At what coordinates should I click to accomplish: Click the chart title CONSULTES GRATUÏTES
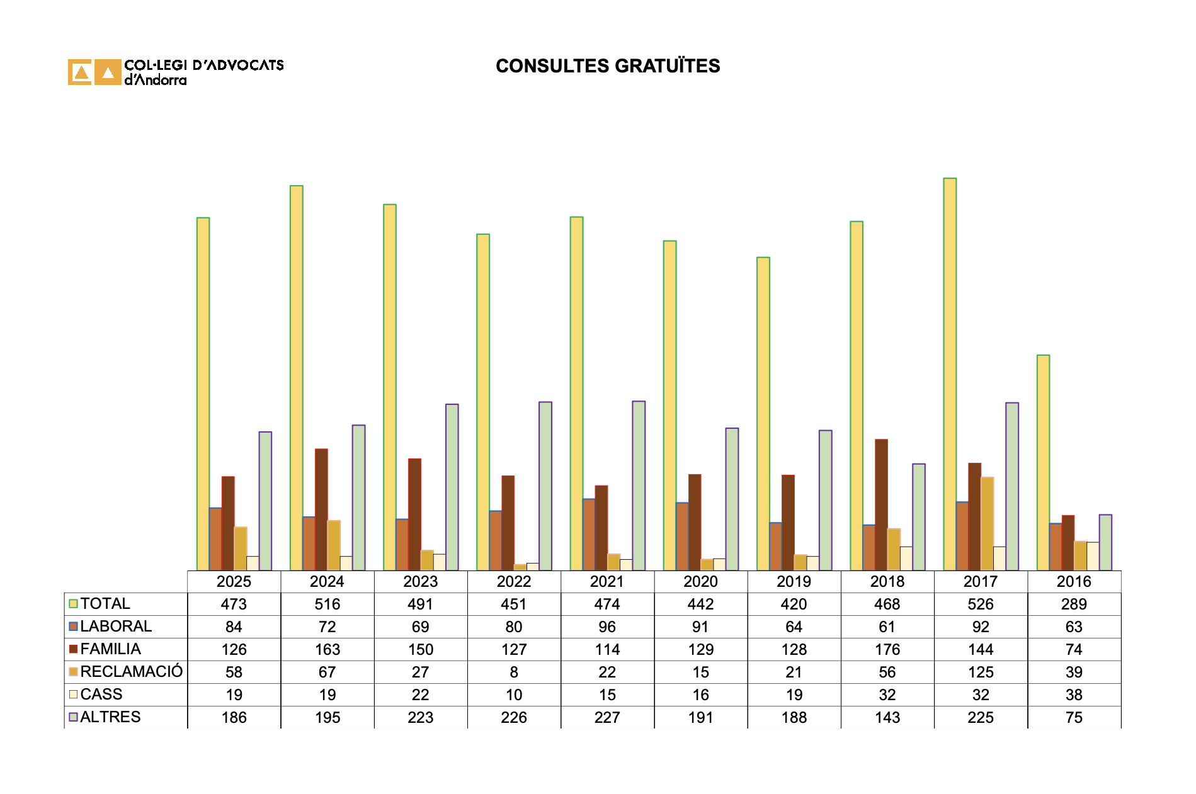coord(607,66)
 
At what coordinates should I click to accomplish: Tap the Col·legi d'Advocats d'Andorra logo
coord(176,72)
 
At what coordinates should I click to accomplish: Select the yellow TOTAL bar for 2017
coord(949,374)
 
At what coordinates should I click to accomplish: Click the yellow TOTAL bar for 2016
coord(1043,463)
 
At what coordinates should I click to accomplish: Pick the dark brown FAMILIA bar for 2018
coord(881,504)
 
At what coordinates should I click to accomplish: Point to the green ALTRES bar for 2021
coord(639,485)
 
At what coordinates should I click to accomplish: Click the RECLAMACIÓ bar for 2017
coord(987,523)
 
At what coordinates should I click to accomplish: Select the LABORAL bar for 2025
coord(215,539)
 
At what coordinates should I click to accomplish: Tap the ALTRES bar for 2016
coord(1105,542)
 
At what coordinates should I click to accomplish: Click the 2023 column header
coord(420,581)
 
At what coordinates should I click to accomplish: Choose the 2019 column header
coord(794,581)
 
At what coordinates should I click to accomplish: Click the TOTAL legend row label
coord(105,604)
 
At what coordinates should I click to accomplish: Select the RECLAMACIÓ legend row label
coord(131,672)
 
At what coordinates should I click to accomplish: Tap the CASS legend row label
coord(101,695)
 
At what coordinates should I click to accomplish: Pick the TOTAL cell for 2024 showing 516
coord(327,604)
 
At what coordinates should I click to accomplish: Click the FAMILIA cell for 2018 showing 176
coord(887,650)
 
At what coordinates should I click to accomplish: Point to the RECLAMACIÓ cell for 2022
coord(514,672)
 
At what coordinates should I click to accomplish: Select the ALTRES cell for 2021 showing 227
coord(607,718)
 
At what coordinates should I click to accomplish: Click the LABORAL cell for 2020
coord(700,627)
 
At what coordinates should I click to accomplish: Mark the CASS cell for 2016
coord(1074,695)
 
